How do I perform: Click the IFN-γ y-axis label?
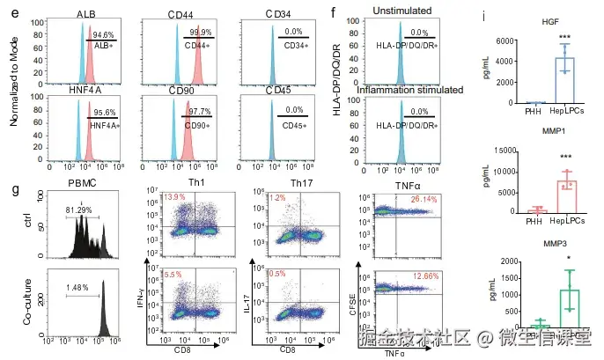click(x=131, y=305)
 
